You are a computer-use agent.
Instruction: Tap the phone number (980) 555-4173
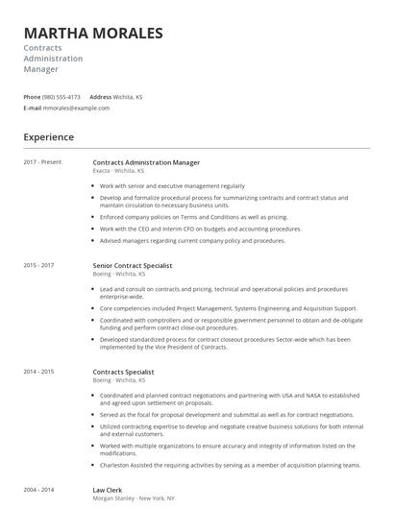(62, 97)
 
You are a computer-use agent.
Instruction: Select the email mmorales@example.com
(77, 108)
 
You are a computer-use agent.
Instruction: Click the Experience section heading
(49, 137)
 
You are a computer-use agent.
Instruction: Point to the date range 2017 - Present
(42, 162)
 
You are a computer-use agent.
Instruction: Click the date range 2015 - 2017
(38, 265)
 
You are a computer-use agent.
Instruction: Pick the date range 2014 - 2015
(38, 371)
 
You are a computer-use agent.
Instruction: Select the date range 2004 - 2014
(38, 489)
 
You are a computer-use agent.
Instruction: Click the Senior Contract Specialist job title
(133, 265)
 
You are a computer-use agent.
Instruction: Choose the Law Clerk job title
(108, 489)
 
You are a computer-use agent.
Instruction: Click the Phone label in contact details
(32, 97)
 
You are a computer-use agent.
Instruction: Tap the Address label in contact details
(106, 97)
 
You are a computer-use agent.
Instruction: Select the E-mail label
(33, 108)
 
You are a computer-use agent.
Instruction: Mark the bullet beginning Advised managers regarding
(192, 240)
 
